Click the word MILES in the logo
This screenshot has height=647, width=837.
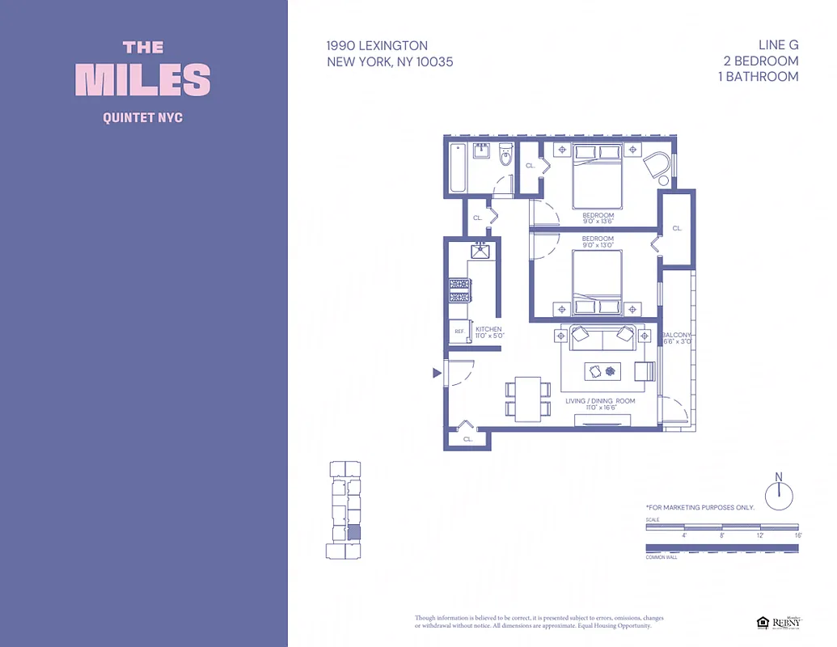(143, 79)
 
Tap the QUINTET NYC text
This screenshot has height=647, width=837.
(143, 117)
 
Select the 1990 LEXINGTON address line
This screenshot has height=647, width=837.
(377, 46)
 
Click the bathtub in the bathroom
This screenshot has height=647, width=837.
(458, 167)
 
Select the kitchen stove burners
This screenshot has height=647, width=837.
(460, 290)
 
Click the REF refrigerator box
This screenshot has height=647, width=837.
(459, 332)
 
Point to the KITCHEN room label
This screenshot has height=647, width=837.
(488, 330)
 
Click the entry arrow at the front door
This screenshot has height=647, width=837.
(437, 373)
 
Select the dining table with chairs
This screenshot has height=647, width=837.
(528, 399)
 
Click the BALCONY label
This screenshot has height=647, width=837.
(676, 335)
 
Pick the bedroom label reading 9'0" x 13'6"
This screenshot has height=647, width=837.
(598, 219)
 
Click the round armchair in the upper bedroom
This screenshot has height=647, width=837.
(657, 167)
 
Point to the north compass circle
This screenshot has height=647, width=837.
(779, 495)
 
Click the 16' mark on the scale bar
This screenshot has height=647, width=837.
(797, 535)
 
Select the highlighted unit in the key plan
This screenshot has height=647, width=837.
(353, 531)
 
